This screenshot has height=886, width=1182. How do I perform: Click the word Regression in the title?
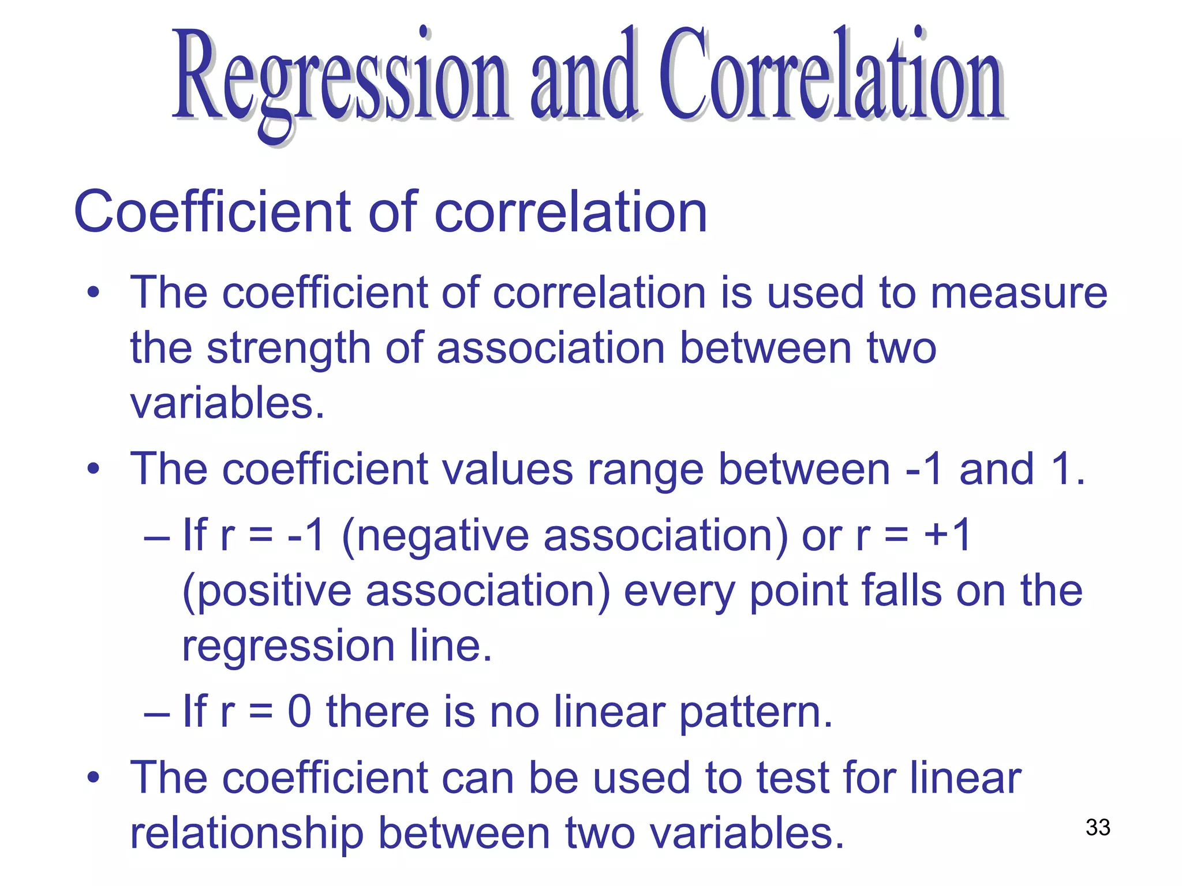pyautogui.click(x=341, y=78)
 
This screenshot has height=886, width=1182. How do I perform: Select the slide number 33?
pyautogui.click(x=1098, y=827)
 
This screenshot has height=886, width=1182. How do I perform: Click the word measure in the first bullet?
pyautogui.click(x=1019, y=293)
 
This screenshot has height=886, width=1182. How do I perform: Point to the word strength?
pyautogui.click(x=289, y=349)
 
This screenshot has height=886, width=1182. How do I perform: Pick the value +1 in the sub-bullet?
pyautogui.click(x=947, y=535)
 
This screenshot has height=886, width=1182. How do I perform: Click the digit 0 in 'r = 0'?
pyautogui.click(x=300, y=712)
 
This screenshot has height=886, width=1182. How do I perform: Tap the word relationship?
pyautogui.click(x=247, y=834)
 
